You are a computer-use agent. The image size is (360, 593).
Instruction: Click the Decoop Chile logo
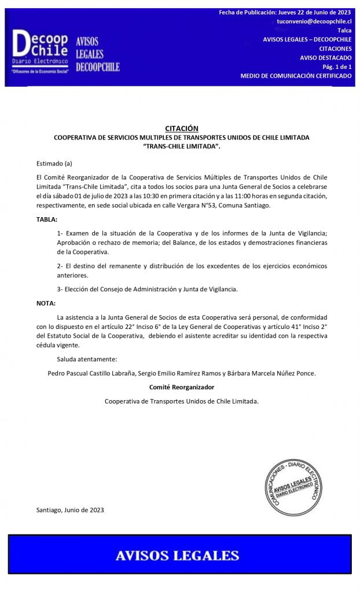pos(41,50)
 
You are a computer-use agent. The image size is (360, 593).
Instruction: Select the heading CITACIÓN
pos(181,129)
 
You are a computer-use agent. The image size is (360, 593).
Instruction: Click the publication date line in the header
pos(285,12)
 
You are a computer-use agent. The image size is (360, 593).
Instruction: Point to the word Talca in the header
pos(344,30)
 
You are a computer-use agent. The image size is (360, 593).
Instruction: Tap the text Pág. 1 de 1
pos(338,67)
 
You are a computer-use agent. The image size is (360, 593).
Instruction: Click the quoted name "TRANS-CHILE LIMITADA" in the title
pos(181,147)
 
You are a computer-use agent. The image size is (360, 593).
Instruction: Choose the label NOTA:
pos(46,303)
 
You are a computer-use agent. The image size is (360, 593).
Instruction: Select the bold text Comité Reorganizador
pos(181,387)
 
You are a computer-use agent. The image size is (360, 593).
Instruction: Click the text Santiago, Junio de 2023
pos(70,510)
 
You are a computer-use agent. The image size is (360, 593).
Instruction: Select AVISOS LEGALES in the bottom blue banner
pos(177,556)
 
